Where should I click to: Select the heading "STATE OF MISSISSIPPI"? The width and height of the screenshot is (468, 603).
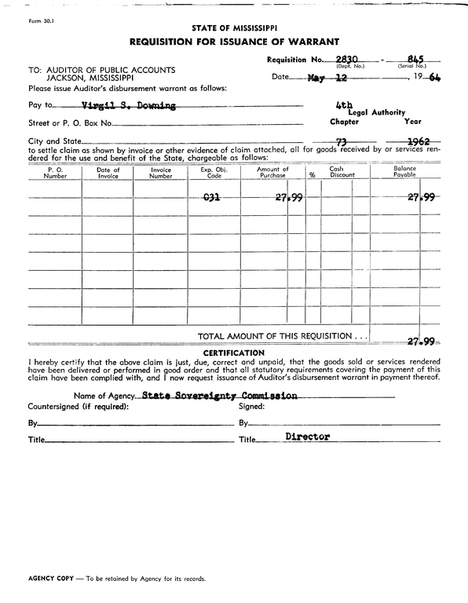pos(233,27)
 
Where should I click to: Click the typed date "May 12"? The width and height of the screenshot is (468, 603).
pos(327,78)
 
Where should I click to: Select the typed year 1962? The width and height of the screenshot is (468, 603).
pos(412,141)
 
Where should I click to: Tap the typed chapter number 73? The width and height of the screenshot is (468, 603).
pos(342,141)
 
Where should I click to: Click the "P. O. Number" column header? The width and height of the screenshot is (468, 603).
pos(55,173)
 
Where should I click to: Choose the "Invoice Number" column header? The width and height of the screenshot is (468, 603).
pos(160,173)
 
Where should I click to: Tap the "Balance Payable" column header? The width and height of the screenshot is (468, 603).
pos(404,173)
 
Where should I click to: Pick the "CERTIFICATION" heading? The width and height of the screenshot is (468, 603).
pos(233,353)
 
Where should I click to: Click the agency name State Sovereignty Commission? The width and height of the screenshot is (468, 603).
pos(221,396)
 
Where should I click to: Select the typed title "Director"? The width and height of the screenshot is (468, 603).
pos(307,437)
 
